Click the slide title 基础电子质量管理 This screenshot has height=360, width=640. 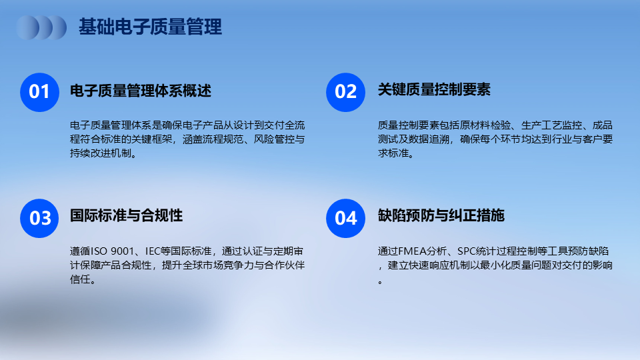150,27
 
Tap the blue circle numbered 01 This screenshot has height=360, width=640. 39,92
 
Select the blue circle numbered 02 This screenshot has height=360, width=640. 346,92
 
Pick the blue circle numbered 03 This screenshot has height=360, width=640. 39,219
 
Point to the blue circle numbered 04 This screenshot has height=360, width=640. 346,219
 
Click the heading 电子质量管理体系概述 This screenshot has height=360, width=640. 141,91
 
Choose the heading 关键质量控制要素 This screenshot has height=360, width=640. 434,89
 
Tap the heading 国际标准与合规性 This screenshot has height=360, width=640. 126,215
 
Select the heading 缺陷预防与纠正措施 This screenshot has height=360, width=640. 441,215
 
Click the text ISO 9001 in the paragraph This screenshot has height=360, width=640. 112,251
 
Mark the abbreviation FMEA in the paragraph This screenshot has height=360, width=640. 412,251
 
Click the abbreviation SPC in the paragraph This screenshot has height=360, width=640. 467,251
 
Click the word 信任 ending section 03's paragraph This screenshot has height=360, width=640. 80,279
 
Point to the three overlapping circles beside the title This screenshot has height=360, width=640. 41,27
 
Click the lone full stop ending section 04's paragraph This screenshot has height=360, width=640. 381,281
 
